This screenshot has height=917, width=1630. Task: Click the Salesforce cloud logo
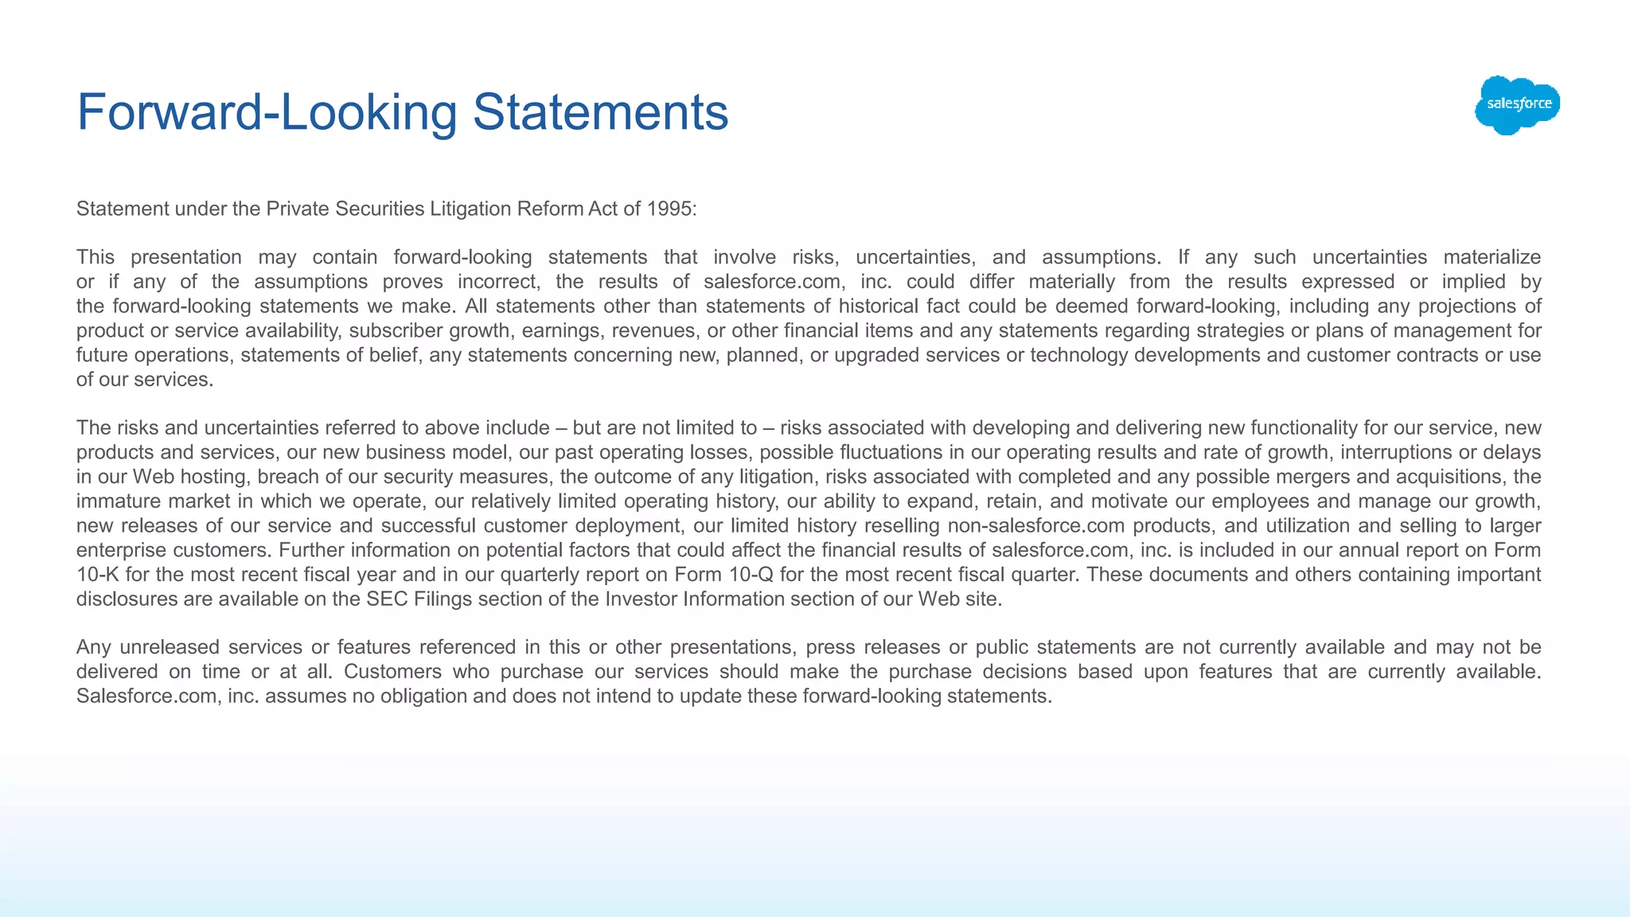tap(1517, 105)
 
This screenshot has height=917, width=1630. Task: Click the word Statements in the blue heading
tap(601, 111)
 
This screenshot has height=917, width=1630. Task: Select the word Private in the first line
tap(298, 209)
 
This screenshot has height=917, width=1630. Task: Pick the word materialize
tap(1492, 257)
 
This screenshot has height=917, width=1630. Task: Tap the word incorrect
tap(499, 282)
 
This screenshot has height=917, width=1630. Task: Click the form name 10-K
tap(98, 575)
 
